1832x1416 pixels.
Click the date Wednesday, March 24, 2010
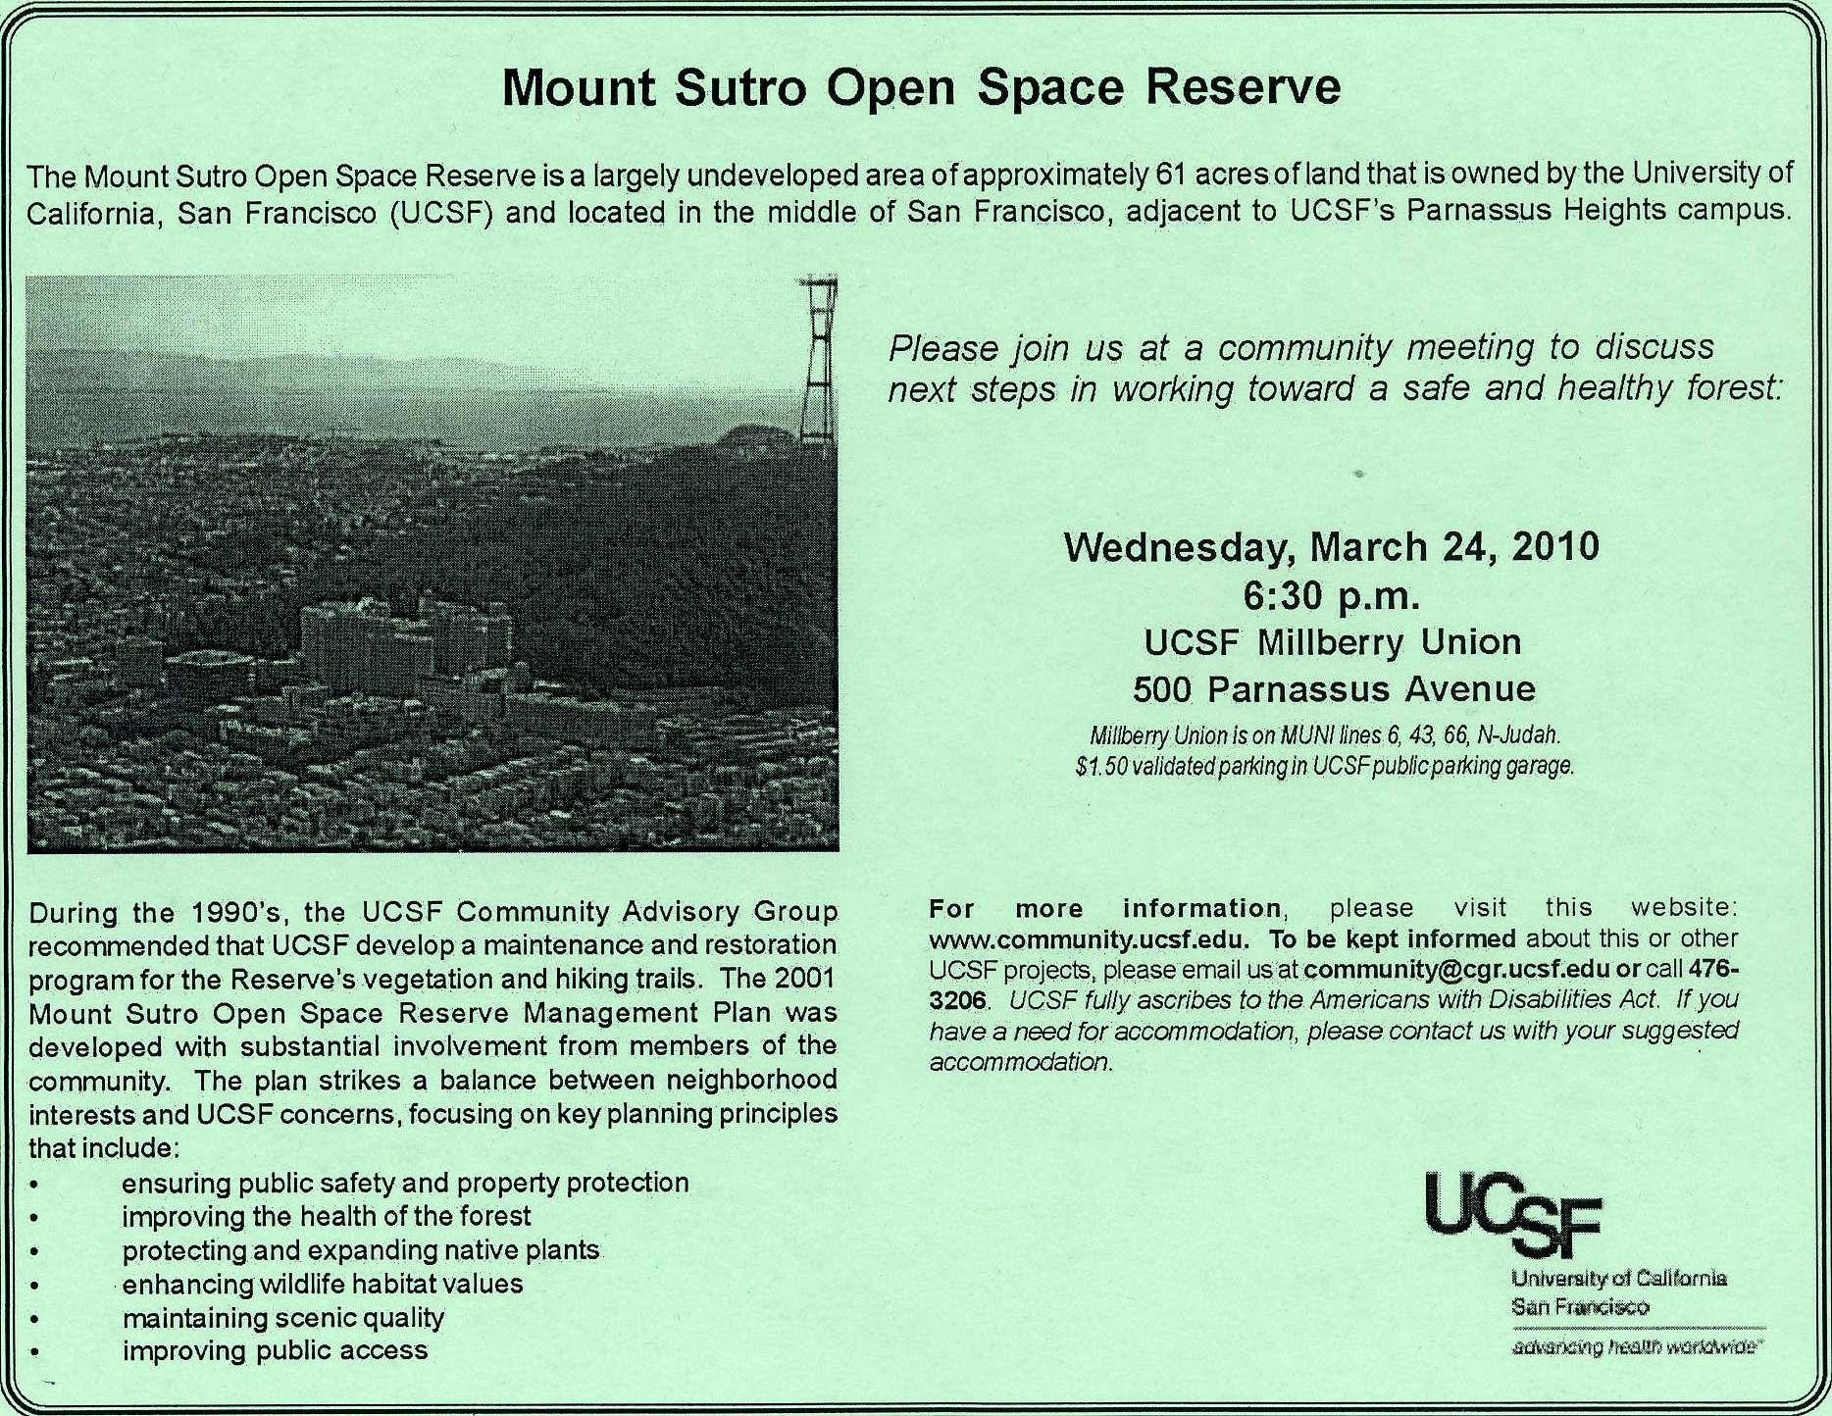pos(1331,546)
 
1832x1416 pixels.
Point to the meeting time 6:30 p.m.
pos(1331,595)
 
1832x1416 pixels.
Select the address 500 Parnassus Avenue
pos(1334,689)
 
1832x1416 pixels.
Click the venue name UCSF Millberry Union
pos(1333,643)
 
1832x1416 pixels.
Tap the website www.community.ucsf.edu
pos(1089,939)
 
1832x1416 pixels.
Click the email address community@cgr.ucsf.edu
pos(1457,970)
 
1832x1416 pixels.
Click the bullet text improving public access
pos(275,1351)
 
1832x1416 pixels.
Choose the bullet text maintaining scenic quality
pos(282,1318)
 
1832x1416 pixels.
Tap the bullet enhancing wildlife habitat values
pos(322,1284)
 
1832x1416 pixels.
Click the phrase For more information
pos(1104,908)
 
